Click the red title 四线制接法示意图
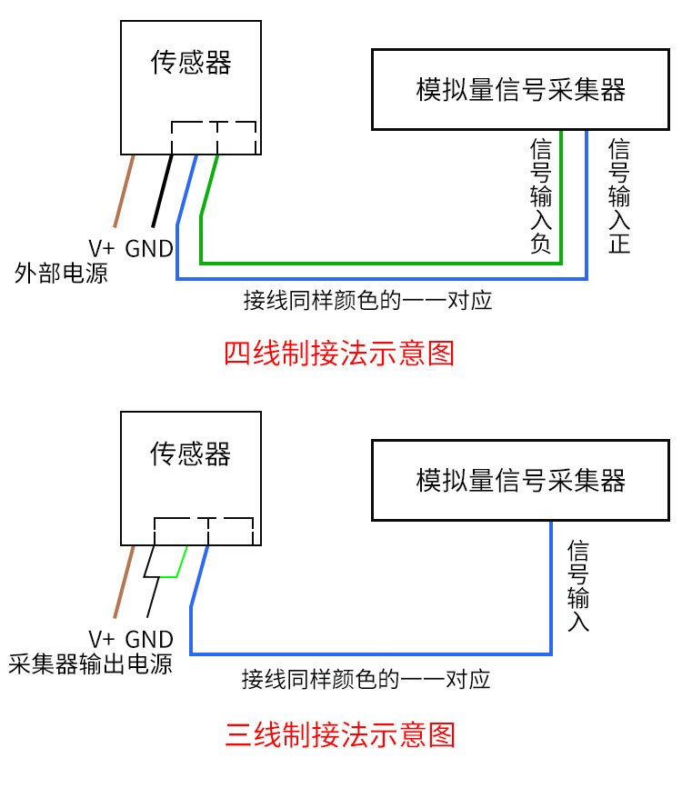click(339, 354)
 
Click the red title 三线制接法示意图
click(340, 734)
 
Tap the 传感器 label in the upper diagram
click(191, 63)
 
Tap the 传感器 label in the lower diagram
click(191, 454)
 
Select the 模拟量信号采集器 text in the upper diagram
click(520, 90)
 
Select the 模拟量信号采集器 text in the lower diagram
click(520, 481)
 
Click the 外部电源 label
click(61, 273)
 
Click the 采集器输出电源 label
click(91, 663)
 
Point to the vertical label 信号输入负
click(541, 196)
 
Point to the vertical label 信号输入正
click(619, 196)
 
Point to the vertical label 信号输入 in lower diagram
click(578, 586)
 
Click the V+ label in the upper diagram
click(102, 249)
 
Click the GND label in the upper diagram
click(149, 249)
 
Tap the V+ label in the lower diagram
click(102, 640)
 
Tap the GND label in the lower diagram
click(149, 640)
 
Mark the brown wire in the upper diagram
click(125, 191)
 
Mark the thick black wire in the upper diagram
click(163, 191)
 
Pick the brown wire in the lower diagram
click(125, 582)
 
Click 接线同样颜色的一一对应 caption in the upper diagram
click(367, 301)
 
